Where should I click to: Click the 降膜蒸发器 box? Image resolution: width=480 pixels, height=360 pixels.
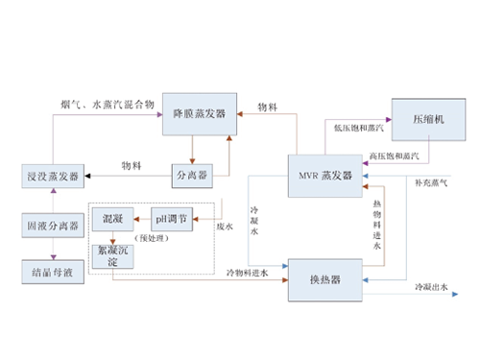click(199, 113)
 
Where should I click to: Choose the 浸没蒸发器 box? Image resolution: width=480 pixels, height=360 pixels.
click(52, 177)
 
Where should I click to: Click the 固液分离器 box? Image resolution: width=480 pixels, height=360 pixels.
click(52, 226)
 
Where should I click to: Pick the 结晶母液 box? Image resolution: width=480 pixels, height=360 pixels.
click(52, 272)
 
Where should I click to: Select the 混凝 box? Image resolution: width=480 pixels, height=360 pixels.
click(111, 220)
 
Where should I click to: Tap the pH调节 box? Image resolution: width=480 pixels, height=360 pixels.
click(172, 220)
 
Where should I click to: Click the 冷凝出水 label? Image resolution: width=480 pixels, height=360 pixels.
click(431, 286)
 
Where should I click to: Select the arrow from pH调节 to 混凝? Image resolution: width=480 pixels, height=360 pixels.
click(136, 220)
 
